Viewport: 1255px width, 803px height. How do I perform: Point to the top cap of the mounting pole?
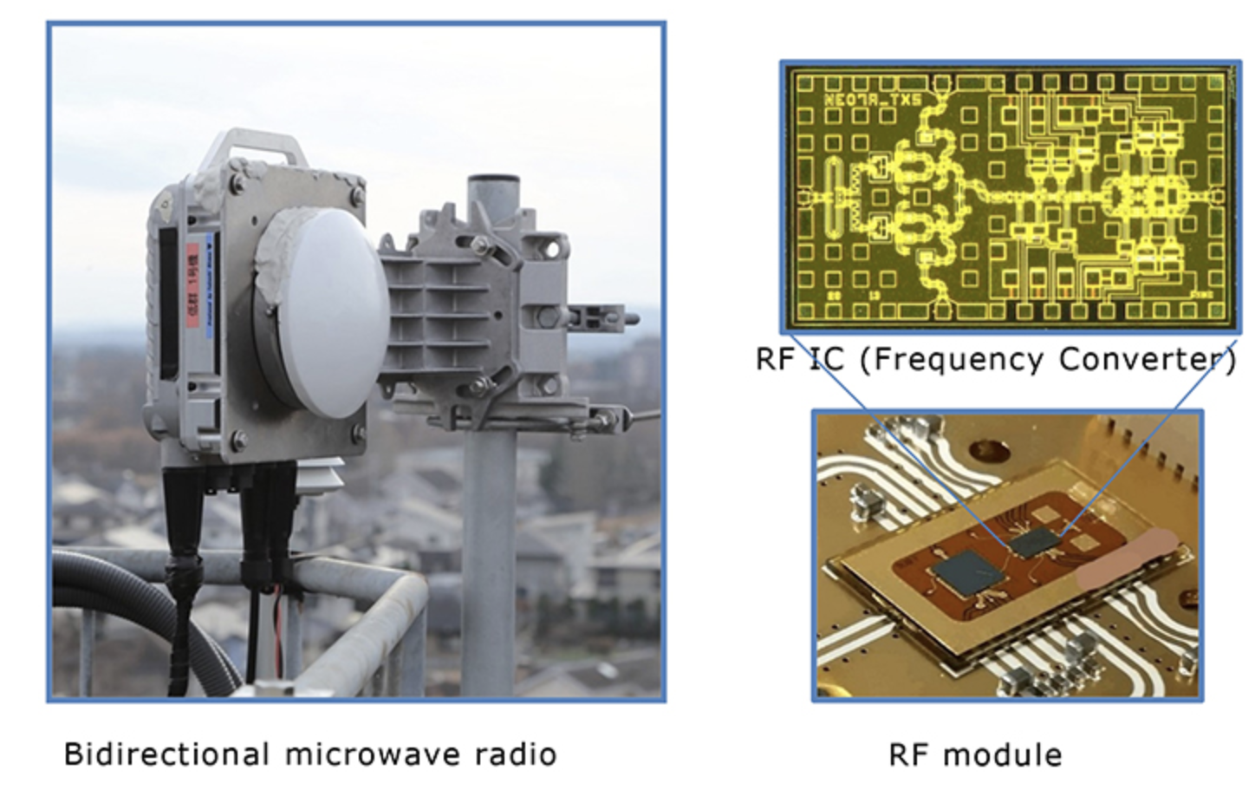click(493, 184)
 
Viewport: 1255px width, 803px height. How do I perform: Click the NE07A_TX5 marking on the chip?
click(872, 101)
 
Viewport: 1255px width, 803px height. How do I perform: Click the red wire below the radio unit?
click(279, 624)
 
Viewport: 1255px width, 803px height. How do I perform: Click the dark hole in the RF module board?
click(985, 448)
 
